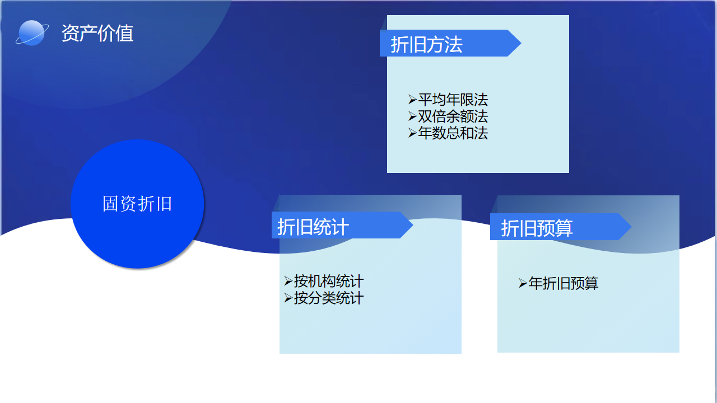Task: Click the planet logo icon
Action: pos(32,33)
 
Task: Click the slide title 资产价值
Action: pos(97,33)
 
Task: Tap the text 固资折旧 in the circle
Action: pos(137,204)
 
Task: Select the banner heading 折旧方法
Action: pos(426,44)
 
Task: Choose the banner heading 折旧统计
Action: pos(313,227)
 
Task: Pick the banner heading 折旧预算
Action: pos(537,228)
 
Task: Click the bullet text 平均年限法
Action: pos(453,100)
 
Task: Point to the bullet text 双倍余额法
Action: pos(453,116)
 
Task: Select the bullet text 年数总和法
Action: pos(453,133)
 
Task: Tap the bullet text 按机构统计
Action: pos(329,282)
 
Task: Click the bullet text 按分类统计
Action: pos(329,298)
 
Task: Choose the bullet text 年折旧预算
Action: pos(564,283)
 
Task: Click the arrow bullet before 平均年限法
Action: pos(412,100)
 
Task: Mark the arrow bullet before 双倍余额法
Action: pos(412,116)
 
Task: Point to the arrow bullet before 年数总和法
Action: pos(412,133)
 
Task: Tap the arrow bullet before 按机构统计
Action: pos(288,281)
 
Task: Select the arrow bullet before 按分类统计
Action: pos(288,298)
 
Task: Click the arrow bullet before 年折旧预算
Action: pos(523,283)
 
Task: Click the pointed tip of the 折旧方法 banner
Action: pos(521,43)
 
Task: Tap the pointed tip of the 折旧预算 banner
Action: pos(631,227)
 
